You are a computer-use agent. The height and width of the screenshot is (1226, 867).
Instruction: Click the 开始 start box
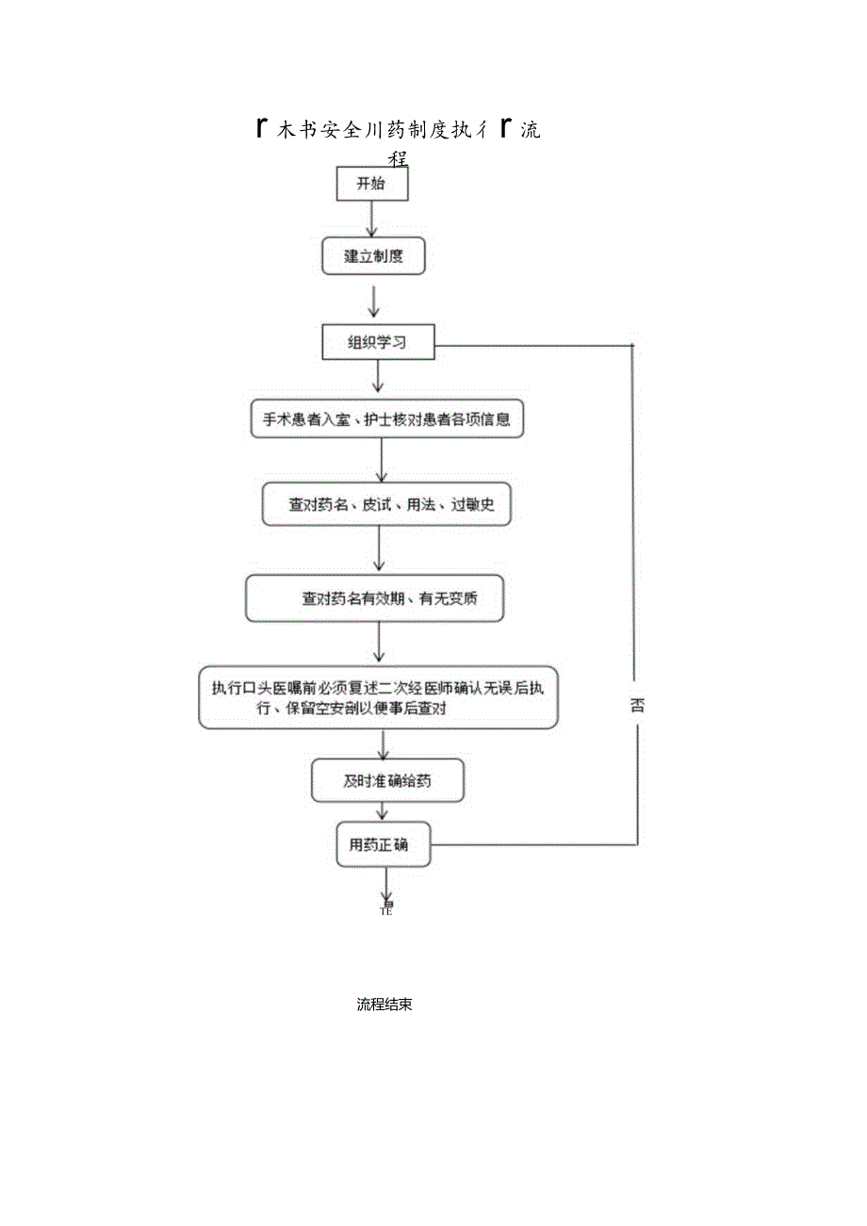click(372, 184)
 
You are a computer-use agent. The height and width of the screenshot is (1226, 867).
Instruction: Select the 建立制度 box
click(374, 256)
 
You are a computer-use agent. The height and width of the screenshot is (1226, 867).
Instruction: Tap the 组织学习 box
click(378, 343)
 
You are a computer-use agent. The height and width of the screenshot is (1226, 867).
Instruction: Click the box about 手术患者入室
click(385, 420)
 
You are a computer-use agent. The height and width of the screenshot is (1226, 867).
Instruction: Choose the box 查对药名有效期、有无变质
click(374, 598)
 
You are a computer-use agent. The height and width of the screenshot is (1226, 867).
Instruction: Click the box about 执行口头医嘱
click(378, 698)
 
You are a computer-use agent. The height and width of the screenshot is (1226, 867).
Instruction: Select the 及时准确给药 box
click(387, 780)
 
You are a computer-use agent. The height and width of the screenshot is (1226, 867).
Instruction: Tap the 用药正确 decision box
click(385, 844)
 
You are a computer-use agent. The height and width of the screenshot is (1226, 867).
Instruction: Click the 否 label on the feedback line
click(638, 706)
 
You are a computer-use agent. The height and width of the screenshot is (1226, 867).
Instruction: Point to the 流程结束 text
click(384, 1005)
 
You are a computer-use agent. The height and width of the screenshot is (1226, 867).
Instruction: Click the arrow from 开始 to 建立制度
click(373, 219)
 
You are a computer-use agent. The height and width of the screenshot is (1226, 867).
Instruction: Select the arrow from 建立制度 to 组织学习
click(374, 301)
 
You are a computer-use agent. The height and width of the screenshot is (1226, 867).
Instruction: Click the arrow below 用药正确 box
click(385, 885)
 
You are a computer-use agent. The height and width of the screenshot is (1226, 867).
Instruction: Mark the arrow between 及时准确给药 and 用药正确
click(383, 811)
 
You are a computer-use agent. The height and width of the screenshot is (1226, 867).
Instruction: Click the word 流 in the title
click(531, 131)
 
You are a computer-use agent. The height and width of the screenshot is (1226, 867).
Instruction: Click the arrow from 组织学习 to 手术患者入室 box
click(379, 377)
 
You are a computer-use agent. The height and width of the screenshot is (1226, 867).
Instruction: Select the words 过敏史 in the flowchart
click(472, 506)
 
